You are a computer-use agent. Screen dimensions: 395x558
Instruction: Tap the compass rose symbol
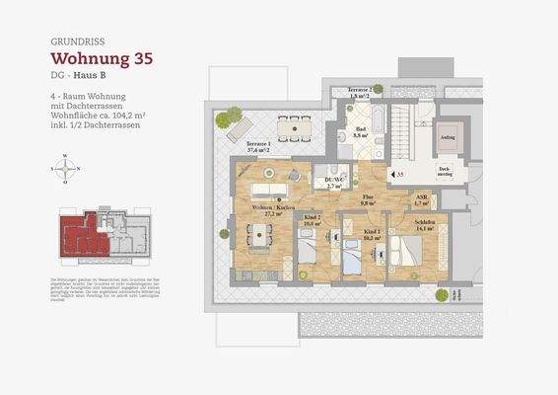tap(65, 168)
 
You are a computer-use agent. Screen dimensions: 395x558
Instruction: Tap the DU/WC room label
tap(331, 181)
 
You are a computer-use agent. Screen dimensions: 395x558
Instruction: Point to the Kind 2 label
tap(313, 221)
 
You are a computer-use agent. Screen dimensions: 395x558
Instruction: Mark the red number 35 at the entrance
tap(399, 174)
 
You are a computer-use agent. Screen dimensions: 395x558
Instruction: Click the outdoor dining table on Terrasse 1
tap(292, 125)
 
